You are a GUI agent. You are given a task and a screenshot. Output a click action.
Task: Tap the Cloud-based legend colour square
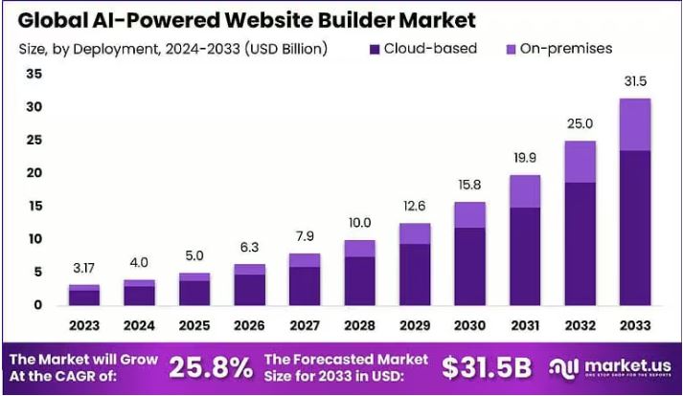375,49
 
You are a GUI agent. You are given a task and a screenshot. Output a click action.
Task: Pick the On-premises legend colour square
511,49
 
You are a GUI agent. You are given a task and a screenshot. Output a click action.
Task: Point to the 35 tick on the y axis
34,74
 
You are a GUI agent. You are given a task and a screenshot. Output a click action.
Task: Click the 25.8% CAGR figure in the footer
211,366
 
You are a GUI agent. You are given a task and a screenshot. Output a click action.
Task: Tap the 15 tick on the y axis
34,206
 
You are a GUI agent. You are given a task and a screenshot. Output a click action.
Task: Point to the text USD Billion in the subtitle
284,49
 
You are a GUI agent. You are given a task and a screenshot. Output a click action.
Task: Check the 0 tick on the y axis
38,304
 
